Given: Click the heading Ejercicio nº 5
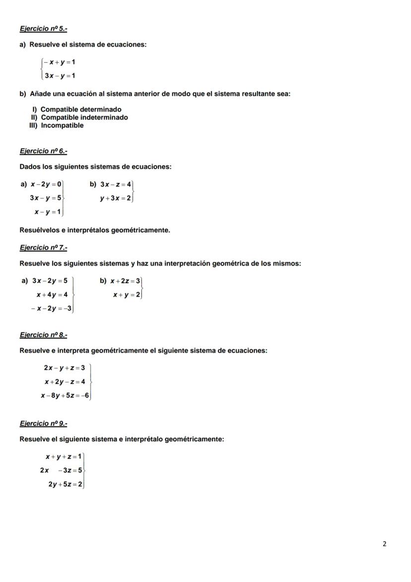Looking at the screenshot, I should [x=43, y=29].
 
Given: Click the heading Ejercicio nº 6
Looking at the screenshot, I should [x=43, y=151].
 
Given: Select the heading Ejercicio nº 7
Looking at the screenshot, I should [x=43, y=248].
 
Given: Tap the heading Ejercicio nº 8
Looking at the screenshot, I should [x=43, y=335].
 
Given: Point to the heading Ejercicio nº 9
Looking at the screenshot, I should [x=43, y=423].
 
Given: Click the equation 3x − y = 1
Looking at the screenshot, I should [x=60, y=76].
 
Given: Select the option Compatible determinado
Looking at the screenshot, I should [x=81, y=109].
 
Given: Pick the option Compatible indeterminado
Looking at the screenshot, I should [x=84, y=117].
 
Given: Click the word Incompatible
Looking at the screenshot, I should [x=62, y=125].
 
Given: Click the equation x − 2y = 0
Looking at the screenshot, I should [x=46, y=184].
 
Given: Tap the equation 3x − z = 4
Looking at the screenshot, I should [x=116, y=184].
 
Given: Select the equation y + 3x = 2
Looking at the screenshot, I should [x=115, y=198].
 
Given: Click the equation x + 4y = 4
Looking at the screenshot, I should [x=52, y=295].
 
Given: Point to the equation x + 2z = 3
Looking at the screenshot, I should [x=126, y=281].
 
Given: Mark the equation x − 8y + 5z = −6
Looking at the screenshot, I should [x=65, y=396].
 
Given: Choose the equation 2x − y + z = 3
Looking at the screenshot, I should [x=64, y=368].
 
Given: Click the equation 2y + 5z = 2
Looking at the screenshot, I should [x=66, y=484].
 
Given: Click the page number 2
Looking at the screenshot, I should [x=385, y=544].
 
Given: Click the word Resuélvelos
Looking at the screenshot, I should [x=41, y=230].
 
